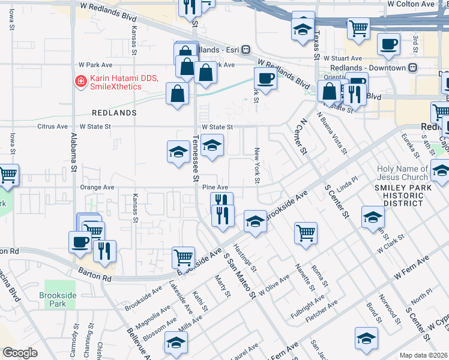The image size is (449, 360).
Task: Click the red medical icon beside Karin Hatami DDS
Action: [79, 82]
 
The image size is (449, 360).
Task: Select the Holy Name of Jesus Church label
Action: [403, 173]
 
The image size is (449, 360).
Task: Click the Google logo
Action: [20, 353]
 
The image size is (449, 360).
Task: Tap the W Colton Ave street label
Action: [411, 4]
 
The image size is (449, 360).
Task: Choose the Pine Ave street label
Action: [215, 188]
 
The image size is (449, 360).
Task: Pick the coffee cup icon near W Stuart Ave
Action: [388, 44]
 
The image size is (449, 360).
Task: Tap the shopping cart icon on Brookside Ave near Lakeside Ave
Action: [183, 257]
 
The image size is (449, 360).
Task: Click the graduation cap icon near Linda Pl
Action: [372, 217]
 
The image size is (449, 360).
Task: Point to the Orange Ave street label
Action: [97, 187]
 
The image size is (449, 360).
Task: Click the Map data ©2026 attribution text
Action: [424, 355]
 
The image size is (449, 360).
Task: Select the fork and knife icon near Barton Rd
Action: [104, 251]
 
